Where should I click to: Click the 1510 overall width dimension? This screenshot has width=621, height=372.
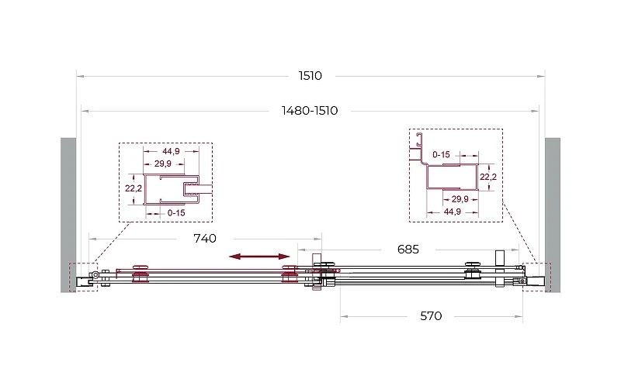310,75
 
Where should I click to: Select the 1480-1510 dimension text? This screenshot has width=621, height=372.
310,110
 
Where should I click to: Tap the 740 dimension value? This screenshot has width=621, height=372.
205,239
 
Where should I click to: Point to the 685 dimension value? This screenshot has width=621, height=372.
408,250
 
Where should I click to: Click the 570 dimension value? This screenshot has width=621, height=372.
431,316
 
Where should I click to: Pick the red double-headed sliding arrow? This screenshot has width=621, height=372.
260,257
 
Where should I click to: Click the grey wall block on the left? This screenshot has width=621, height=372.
68,215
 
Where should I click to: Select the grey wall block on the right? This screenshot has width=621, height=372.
553,215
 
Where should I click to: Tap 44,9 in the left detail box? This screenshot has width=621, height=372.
171,151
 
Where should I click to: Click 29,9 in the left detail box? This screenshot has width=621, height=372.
163,164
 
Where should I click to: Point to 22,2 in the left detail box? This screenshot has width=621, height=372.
134,188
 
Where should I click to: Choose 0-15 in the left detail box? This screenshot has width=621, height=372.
176,212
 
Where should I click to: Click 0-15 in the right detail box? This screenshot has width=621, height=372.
441,154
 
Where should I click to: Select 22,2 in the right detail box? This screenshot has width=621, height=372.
488,177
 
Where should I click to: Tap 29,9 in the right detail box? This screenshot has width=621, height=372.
460,199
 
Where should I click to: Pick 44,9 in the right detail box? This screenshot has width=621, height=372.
453,212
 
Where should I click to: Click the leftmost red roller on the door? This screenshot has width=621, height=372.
141,274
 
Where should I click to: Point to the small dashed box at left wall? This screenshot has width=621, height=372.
84,277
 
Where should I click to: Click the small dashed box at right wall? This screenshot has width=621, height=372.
536,277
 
